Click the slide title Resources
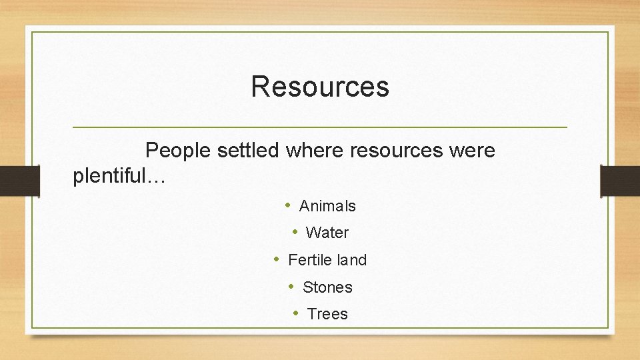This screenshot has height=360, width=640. [320, 87]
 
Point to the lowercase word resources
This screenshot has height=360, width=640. [396, 151]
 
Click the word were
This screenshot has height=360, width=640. [472, 151]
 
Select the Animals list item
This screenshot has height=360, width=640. [327, 207]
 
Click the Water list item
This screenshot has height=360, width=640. [327, 233]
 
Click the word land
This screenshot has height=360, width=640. [352, 261]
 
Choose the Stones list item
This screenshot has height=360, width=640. [327, 288]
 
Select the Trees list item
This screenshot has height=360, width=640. [327, 315]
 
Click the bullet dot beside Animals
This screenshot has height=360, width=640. [287, 206]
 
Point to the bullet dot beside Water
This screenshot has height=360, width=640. [294, 233]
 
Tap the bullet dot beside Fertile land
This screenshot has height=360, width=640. [277, 260]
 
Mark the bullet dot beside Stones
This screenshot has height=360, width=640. [291, 287]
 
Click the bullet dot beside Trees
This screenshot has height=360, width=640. [295, 314]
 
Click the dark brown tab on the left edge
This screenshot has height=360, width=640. [19, 181]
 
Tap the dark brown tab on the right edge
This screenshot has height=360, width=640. [620, 181]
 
